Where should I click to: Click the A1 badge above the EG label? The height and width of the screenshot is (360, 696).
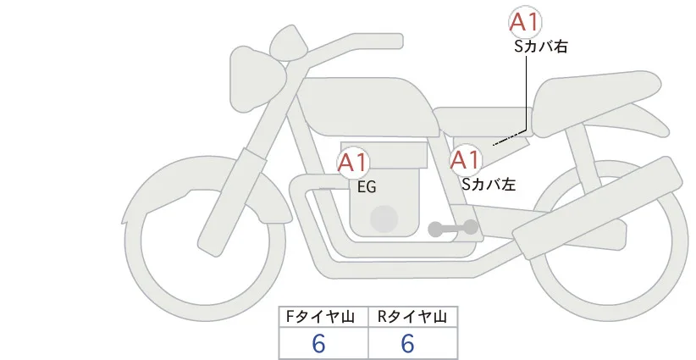pyautogui.click(x=352, y=162)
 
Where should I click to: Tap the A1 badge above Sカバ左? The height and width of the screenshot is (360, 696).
pyautogui.click(x=466, y=160)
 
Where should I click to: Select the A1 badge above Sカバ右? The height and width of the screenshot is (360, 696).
pyautogui.click(x=525, y=22)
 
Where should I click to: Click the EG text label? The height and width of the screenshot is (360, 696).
pyautogui.click(x=367, y=187)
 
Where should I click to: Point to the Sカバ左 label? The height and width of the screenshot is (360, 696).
pyautogui.click(x=489, y=184)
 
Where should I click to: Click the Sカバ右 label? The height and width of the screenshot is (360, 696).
pyautogui.click(x=541, y=47)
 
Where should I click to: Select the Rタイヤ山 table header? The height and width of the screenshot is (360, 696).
pyautogui.click(x=413, y=317)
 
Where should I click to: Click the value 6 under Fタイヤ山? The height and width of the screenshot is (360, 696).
pyautogui.click(x=318, y=344)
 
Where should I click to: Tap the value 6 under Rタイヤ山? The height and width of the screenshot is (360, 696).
pyautogui.click(x=407, y=344)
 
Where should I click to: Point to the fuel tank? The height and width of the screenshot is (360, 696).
pyautogui.click(x=366, y=107)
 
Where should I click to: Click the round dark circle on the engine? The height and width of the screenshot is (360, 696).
pyautogui.click(x=384, y=219)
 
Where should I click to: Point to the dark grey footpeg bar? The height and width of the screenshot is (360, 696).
pyautogui.click(x=453, y=228)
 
